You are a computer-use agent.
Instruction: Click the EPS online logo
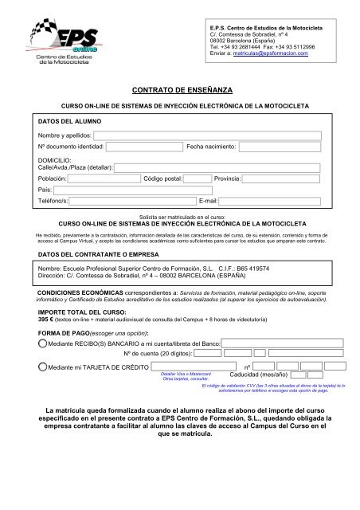point(57,45)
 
